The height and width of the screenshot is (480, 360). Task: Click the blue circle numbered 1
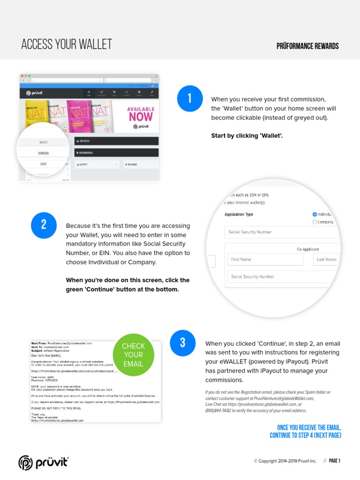(x=190, y=98)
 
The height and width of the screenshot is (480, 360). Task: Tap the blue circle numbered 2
(x=44, y=225)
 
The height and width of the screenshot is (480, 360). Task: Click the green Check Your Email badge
(x=134, y=355)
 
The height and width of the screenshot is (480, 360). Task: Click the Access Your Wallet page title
(x=67, y=45)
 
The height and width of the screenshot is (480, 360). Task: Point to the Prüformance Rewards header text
(x=308, y=46)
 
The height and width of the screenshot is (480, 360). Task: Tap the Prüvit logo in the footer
(x=44, y=462)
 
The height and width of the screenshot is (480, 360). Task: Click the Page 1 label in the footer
(x=334, y=461)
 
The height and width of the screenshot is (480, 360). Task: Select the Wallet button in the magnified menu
(x=44, y=142)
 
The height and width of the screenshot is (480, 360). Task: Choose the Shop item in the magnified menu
(x=44, y=164)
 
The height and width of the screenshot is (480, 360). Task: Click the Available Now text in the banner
(x=141, y=113)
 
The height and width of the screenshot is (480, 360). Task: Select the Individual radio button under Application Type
(x=315, y=214)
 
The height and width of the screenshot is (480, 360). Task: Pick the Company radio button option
(x=315, y=222)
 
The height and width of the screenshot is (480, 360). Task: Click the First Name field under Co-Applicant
(x=258, y=259)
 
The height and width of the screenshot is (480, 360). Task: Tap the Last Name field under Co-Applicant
(x=326, y=259)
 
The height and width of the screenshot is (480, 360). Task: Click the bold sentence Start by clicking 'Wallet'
(x=247, y=136)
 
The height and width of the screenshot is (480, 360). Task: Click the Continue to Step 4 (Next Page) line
(x=305, y=435)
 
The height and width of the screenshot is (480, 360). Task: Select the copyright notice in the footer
(x=285, y=461)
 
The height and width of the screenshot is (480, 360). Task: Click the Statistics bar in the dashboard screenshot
(x=117, y=141)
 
